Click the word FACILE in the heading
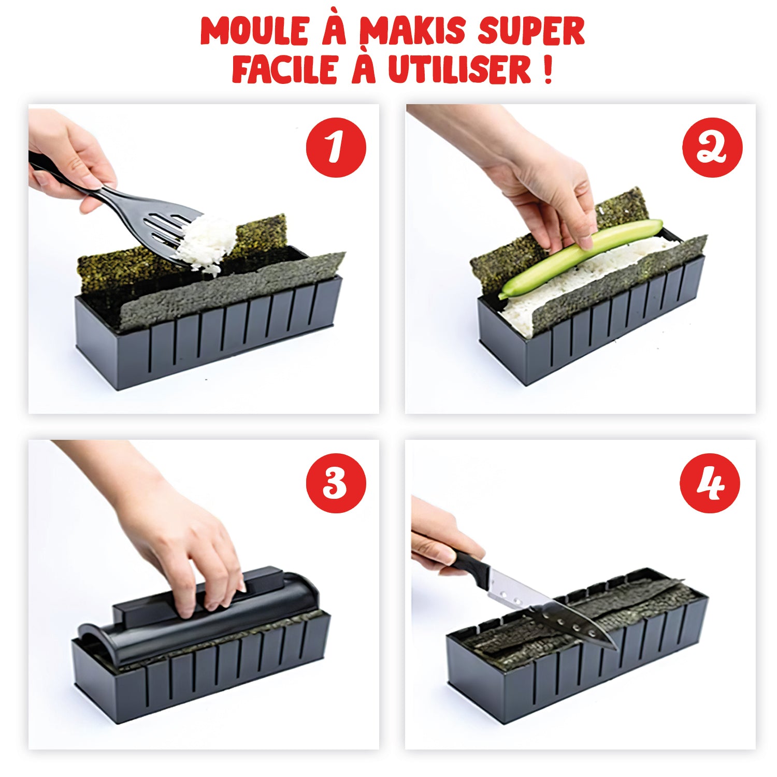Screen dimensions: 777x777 click(x=284, y=69)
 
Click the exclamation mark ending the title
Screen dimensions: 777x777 click(x=548, y=69)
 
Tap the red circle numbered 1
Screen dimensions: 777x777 click(x=336, y=148)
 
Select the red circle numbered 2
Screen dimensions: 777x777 click(x=712, y=148)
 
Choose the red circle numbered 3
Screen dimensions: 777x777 click(x=336, y=483)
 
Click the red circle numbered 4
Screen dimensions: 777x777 click(x=710, y=483)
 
